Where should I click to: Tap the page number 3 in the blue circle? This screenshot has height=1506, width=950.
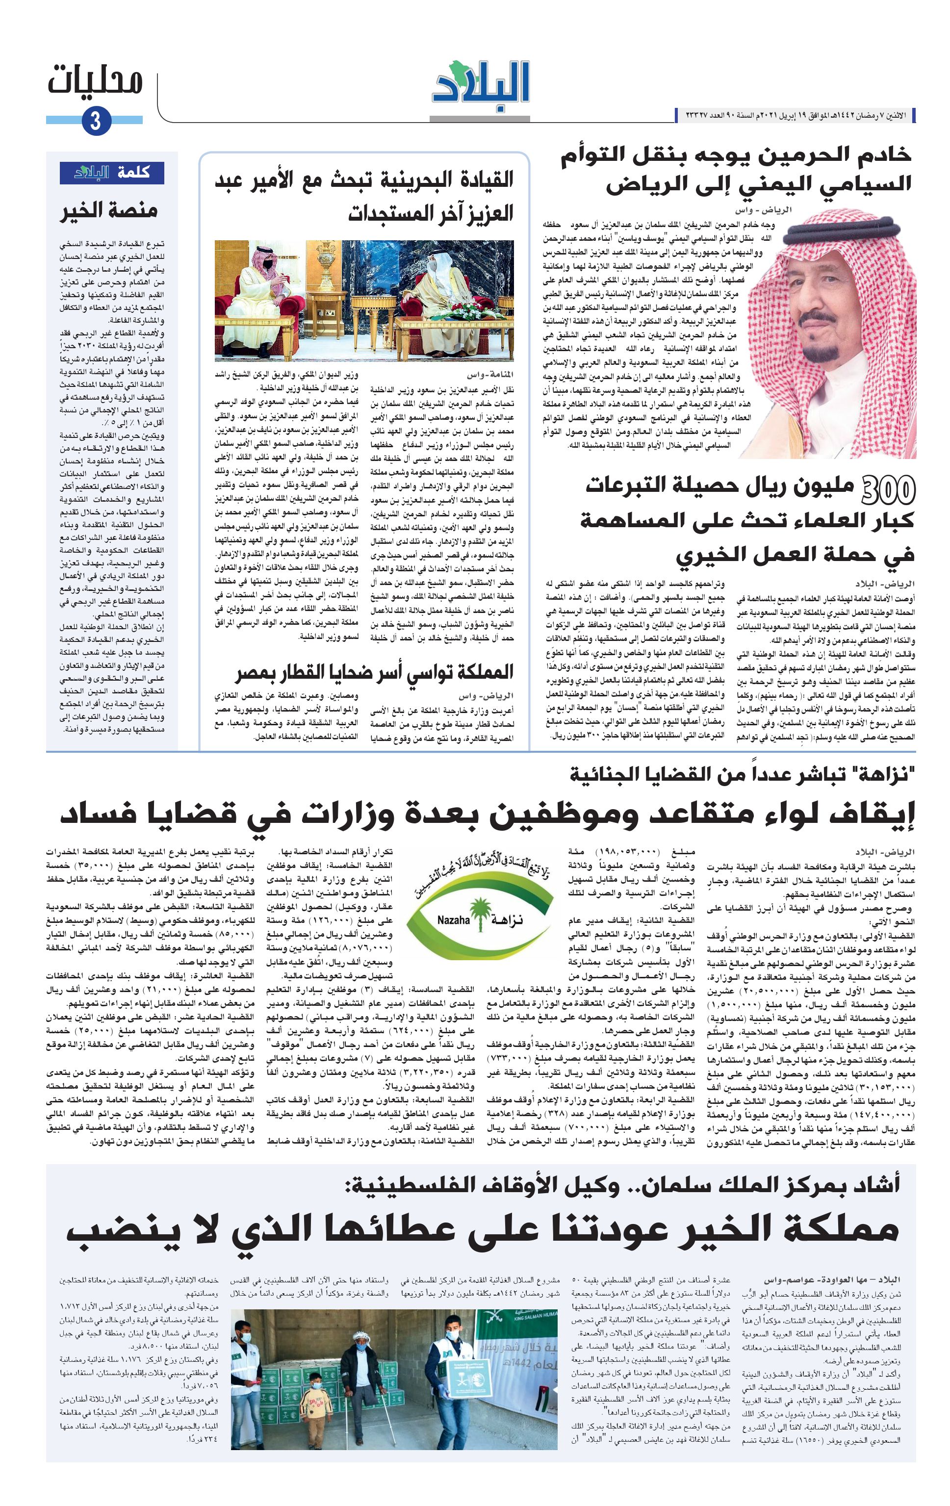96,120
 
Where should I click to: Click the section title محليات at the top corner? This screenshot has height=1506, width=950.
96,81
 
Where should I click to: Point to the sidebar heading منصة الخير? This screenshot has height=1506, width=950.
109,210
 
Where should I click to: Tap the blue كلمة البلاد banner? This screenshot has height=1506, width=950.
112,173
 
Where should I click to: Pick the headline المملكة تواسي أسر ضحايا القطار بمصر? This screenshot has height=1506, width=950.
374,672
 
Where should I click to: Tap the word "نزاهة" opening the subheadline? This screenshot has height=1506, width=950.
884,775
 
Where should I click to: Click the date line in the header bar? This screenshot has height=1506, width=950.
794,115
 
